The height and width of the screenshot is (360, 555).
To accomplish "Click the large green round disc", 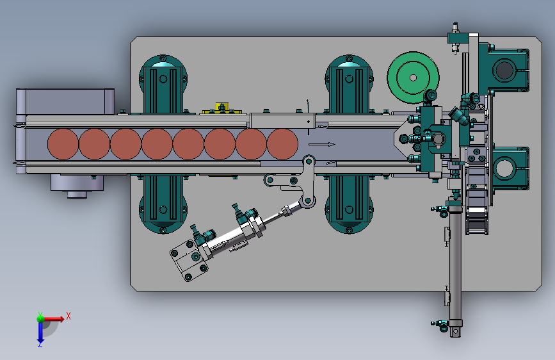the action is (413, 78).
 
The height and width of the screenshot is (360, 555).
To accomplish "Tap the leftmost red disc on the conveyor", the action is (63, 144).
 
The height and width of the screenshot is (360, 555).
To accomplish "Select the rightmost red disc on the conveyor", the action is (282, 144).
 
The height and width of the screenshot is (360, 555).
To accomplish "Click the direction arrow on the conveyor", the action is (322, 144).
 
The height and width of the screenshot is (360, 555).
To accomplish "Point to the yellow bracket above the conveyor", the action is (222, 108).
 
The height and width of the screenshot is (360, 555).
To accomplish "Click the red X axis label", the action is (68, 316).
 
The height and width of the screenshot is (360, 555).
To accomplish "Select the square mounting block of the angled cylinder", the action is (189, 259).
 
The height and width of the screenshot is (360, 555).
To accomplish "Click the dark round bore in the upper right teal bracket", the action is (504, 69).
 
